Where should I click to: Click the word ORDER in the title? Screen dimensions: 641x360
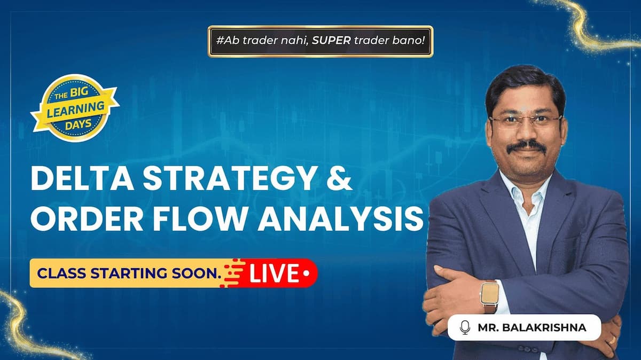(x=87, y=218)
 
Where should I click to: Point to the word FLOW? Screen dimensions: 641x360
(x=200, y=218)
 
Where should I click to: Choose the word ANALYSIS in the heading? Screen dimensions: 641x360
(x=340, y=218)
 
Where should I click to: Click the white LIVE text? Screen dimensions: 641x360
(x=275, y=273)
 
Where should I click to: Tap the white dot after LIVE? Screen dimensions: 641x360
(x=307, y=273)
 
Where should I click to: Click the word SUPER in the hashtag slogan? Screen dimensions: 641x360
(x=331, y=41)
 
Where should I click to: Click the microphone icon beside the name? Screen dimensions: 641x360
(x=465, y=327)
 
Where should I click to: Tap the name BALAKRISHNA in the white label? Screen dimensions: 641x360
(x=544, y=327)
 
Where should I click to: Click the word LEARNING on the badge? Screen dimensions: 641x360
(x=75, y=109)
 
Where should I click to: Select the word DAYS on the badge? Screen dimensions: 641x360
(x=78, y=125)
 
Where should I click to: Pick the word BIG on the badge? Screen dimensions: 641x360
(x=79, y=93)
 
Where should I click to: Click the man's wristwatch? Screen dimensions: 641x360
(x=490, y=295)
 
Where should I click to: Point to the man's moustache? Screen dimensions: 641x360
(x=526, y=146)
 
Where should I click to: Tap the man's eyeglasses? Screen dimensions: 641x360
(x=526, y=121)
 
